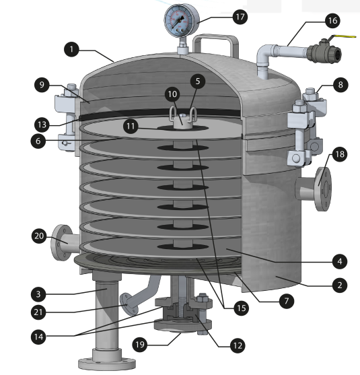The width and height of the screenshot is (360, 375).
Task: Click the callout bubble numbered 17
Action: pyautogui.click(x=240, y=17)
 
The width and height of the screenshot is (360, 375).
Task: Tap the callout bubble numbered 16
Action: pyautogui.click(x=332, y=21)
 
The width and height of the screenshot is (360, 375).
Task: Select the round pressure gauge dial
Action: pyautogui.click(x=182, y=21)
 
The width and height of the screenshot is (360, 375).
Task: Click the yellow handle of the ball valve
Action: pyautogui.click(x=343, y=36)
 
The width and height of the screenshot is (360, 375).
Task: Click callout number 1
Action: pyautogui.click(x=71, y=50)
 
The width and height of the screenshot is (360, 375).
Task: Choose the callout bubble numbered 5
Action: pyautogui.click(x=198, y=81)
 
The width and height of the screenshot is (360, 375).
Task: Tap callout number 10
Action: pyautogui.click(x=172, y=94)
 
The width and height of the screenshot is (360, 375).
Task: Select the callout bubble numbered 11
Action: pyautogui.click(x=131, y=126)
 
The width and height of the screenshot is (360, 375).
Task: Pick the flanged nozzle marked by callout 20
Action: pyautogui.click(x=64, y=242)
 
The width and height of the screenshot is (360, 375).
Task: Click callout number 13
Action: pyautogui.click(x=42, y=125)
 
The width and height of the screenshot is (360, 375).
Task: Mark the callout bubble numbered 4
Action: pyautogui.click(x=340, y=261)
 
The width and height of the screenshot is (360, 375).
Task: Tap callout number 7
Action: pyautogui.click(x=287, y=301)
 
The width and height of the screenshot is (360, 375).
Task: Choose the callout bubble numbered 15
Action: pyautogui.click(x=241, y=308)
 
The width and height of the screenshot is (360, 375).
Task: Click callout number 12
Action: pyautogui.click(x=238, y=345)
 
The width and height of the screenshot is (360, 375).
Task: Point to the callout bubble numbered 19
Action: pyautogui.click(x=140, y=345)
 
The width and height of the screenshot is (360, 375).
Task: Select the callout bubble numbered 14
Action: pyautogui.click(x=38, y=337)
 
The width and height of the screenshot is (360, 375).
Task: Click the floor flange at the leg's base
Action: pyautogui.click(x=107, y=363)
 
